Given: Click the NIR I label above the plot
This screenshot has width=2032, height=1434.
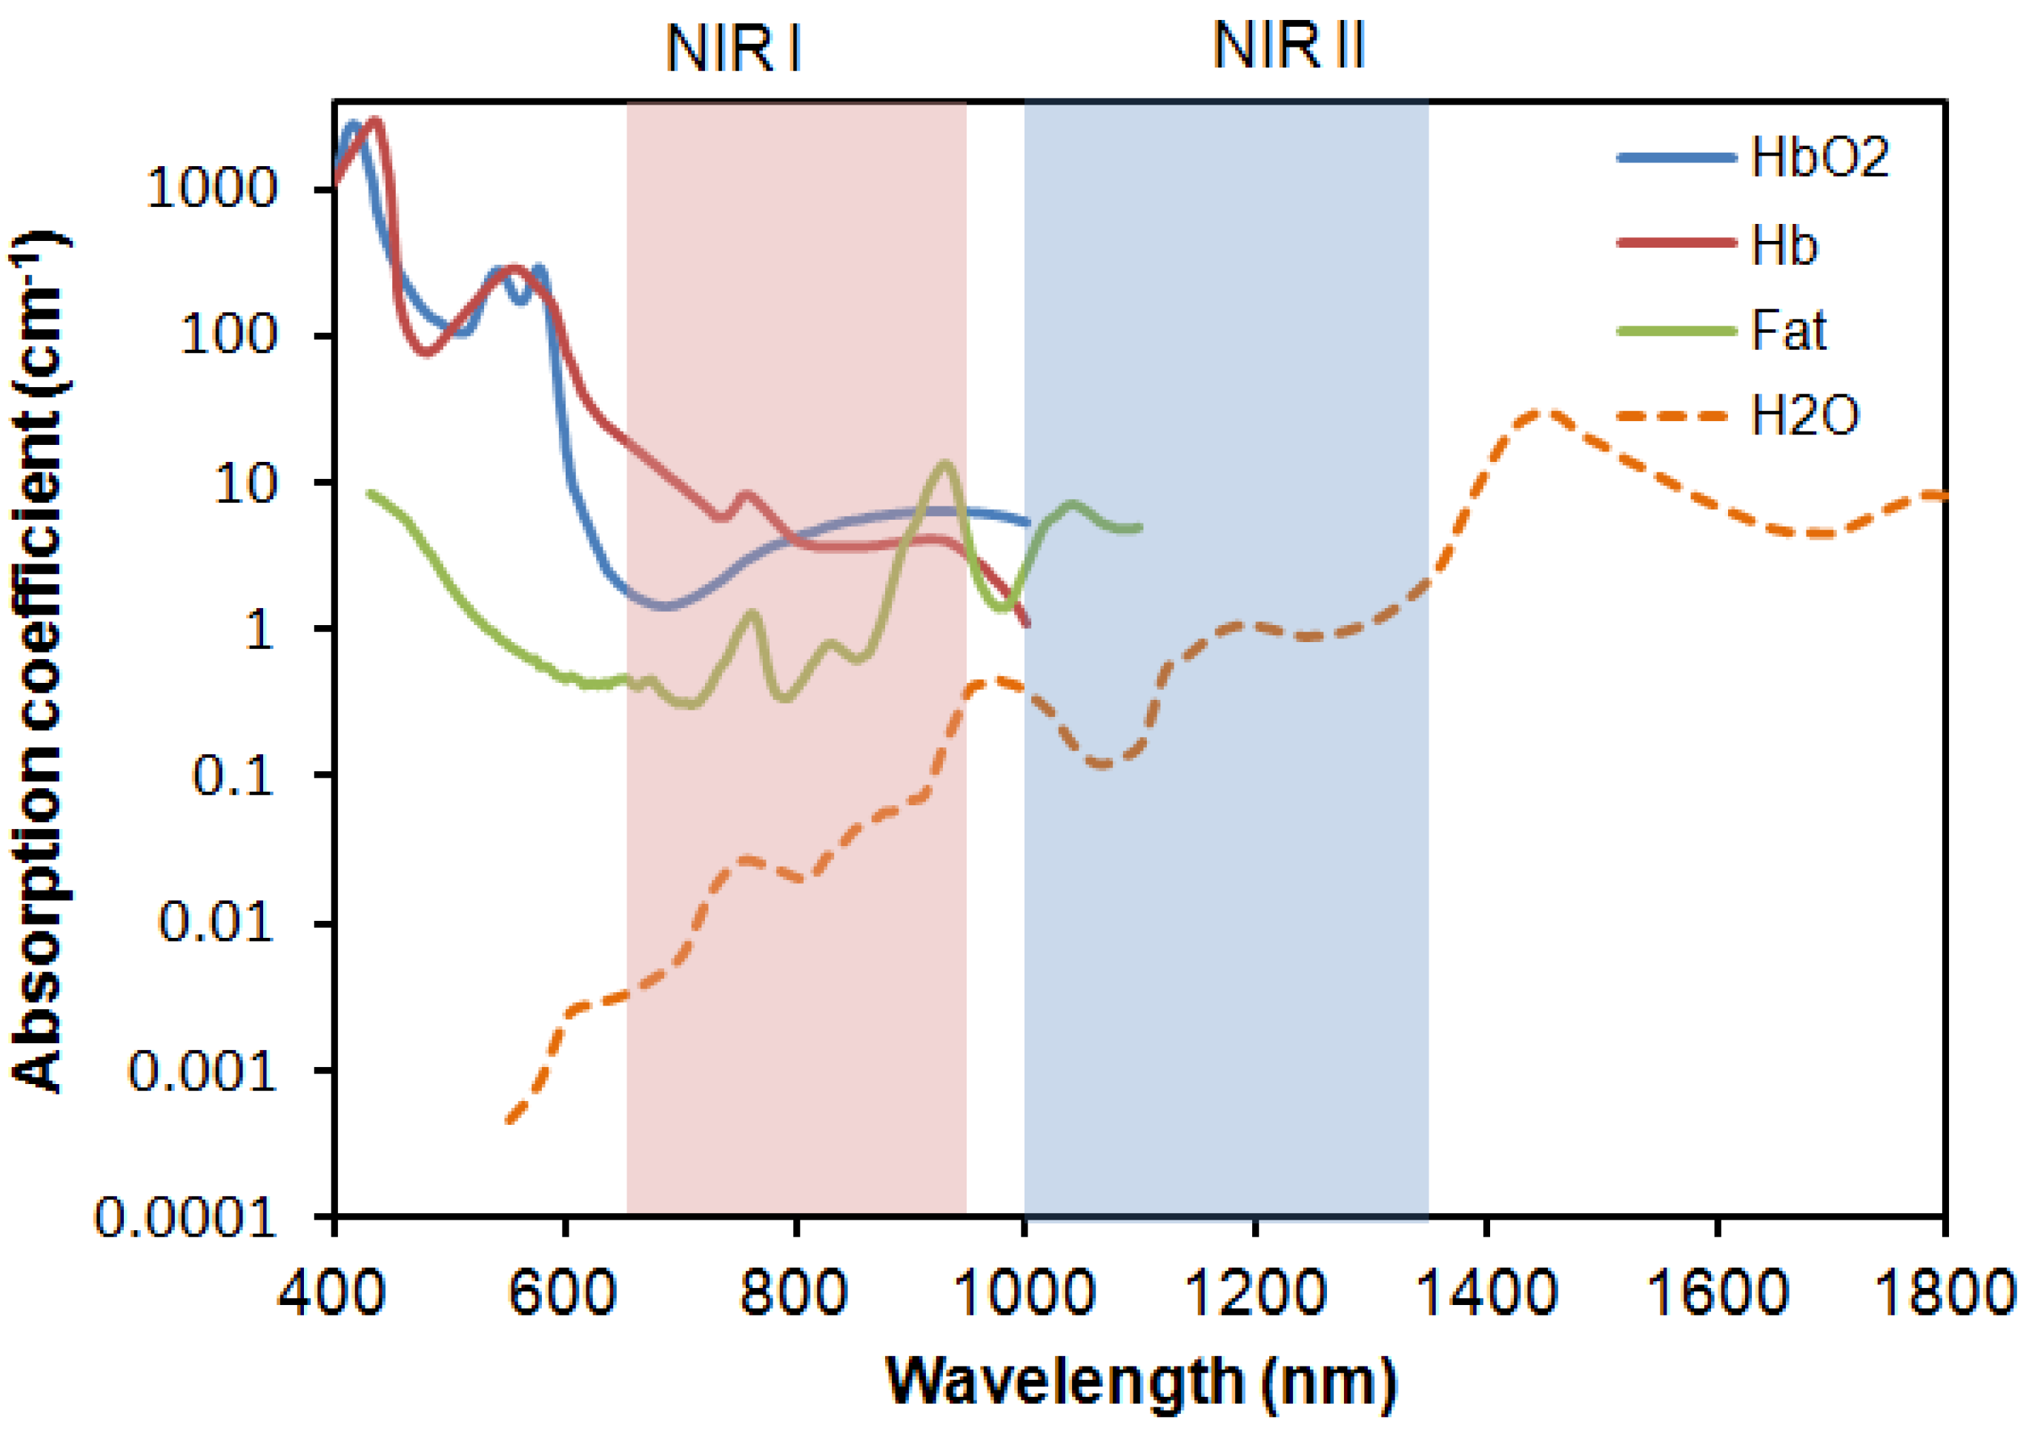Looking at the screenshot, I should tap(732, 49).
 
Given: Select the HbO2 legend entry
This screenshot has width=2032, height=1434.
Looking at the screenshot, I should tap(1819, 158).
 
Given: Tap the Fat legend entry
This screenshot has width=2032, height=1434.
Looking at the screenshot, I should tap(1788, 330).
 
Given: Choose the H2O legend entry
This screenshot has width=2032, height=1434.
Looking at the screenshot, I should tap(1805, 415).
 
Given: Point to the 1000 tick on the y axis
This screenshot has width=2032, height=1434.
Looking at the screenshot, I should tap(213, 188).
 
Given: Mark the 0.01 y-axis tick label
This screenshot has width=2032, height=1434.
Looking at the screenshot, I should tap(216, 923).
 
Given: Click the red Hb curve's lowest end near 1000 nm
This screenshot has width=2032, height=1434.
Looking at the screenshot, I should tap(1027, 623).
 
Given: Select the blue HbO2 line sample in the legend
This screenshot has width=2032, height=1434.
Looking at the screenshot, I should tap(1676, 158).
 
